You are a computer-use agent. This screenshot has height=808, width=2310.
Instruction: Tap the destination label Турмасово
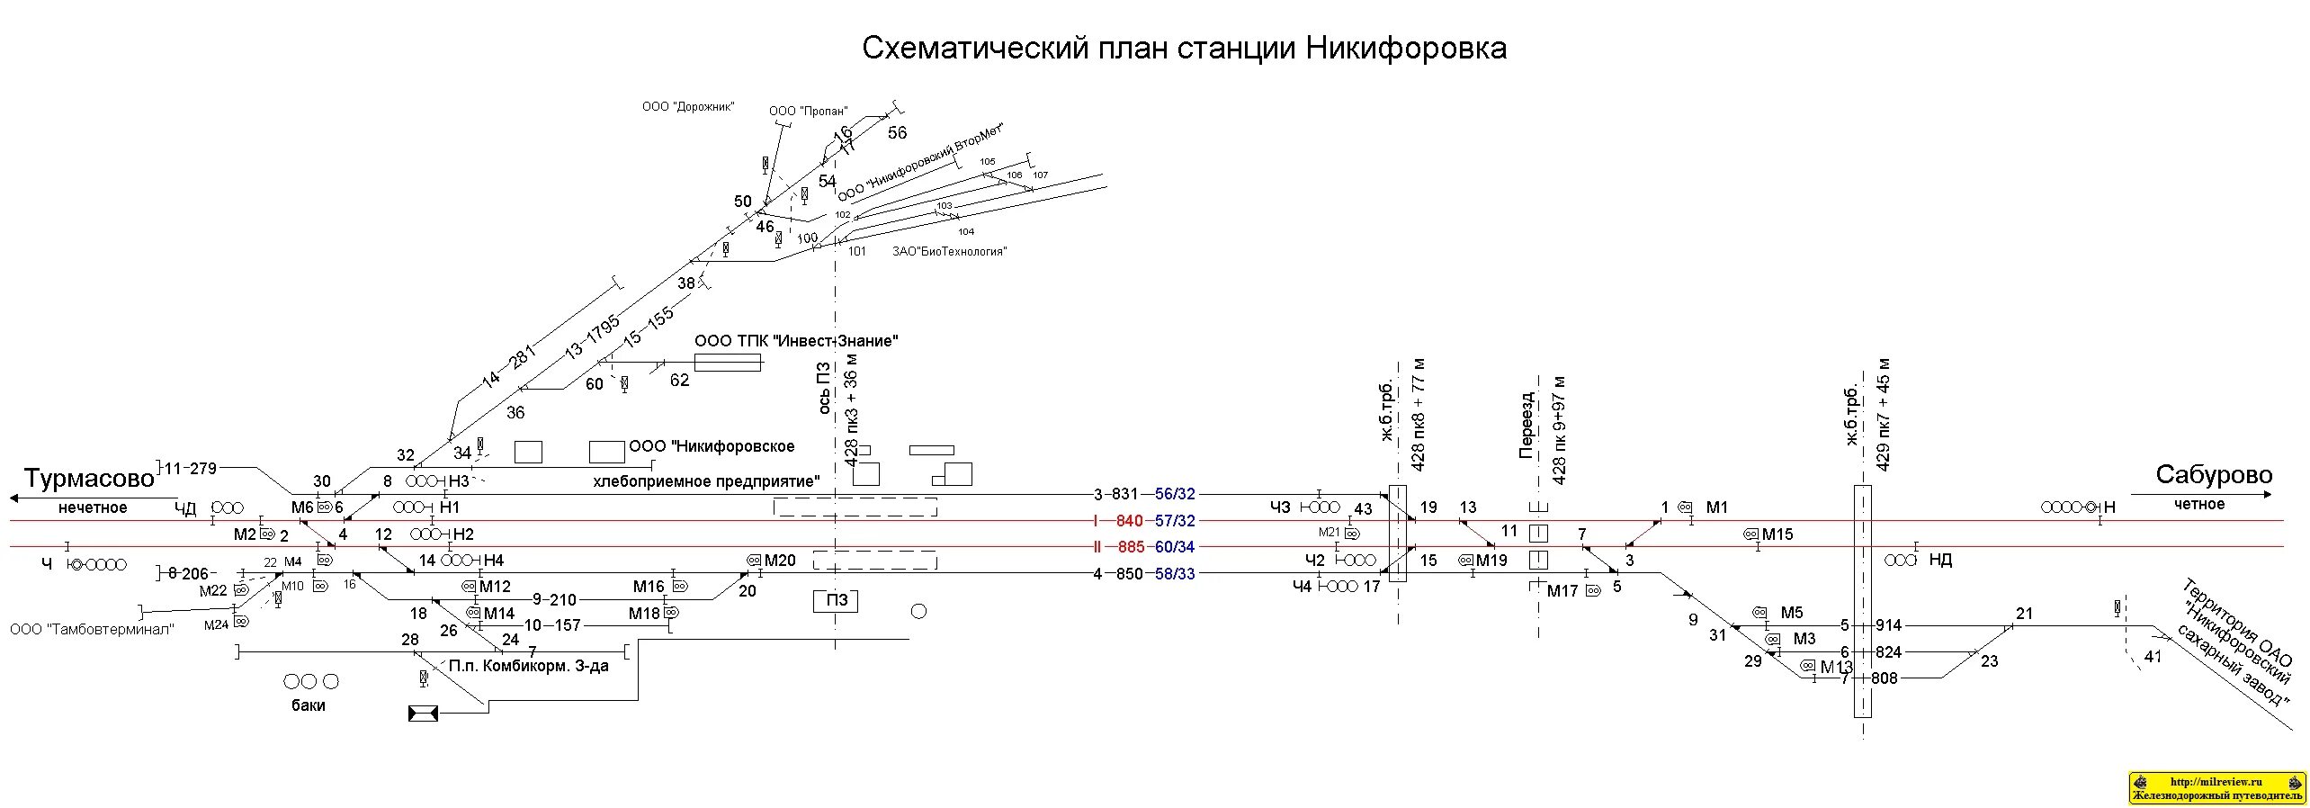point(89,478)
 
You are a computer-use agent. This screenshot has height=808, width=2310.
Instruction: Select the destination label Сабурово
point(2213,475)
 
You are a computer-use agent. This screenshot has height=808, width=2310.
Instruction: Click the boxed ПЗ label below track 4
point(837,600)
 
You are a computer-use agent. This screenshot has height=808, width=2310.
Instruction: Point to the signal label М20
point(780,561)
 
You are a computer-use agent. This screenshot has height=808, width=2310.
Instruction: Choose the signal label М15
point(1777,534)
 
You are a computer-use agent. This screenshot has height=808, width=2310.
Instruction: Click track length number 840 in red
point(1130,521)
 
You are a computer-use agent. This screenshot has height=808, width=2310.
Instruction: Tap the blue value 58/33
point(1175,574)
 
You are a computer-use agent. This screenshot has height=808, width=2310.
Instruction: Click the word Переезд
point(1526,425)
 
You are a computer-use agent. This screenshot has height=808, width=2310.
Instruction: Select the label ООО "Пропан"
point(808,112)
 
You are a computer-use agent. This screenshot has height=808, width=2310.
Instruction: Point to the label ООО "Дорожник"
point(688,107)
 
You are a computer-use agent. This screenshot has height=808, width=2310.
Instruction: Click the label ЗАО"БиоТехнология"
point(949,252)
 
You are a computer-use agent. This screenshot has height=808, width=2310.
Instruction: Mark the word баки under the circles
point(308,705)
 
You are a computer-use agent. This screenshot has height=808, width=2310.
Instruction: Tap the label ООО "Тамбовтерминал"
point(92,629)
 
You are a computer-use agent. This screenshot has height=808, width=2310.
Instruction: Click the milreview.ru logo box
point(2217,787)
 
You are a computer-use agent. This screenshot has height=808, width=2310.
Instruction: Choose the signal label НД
point(1940,560)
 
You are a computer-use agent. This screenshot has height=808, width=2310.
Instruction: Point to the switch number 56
point(897,133)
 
